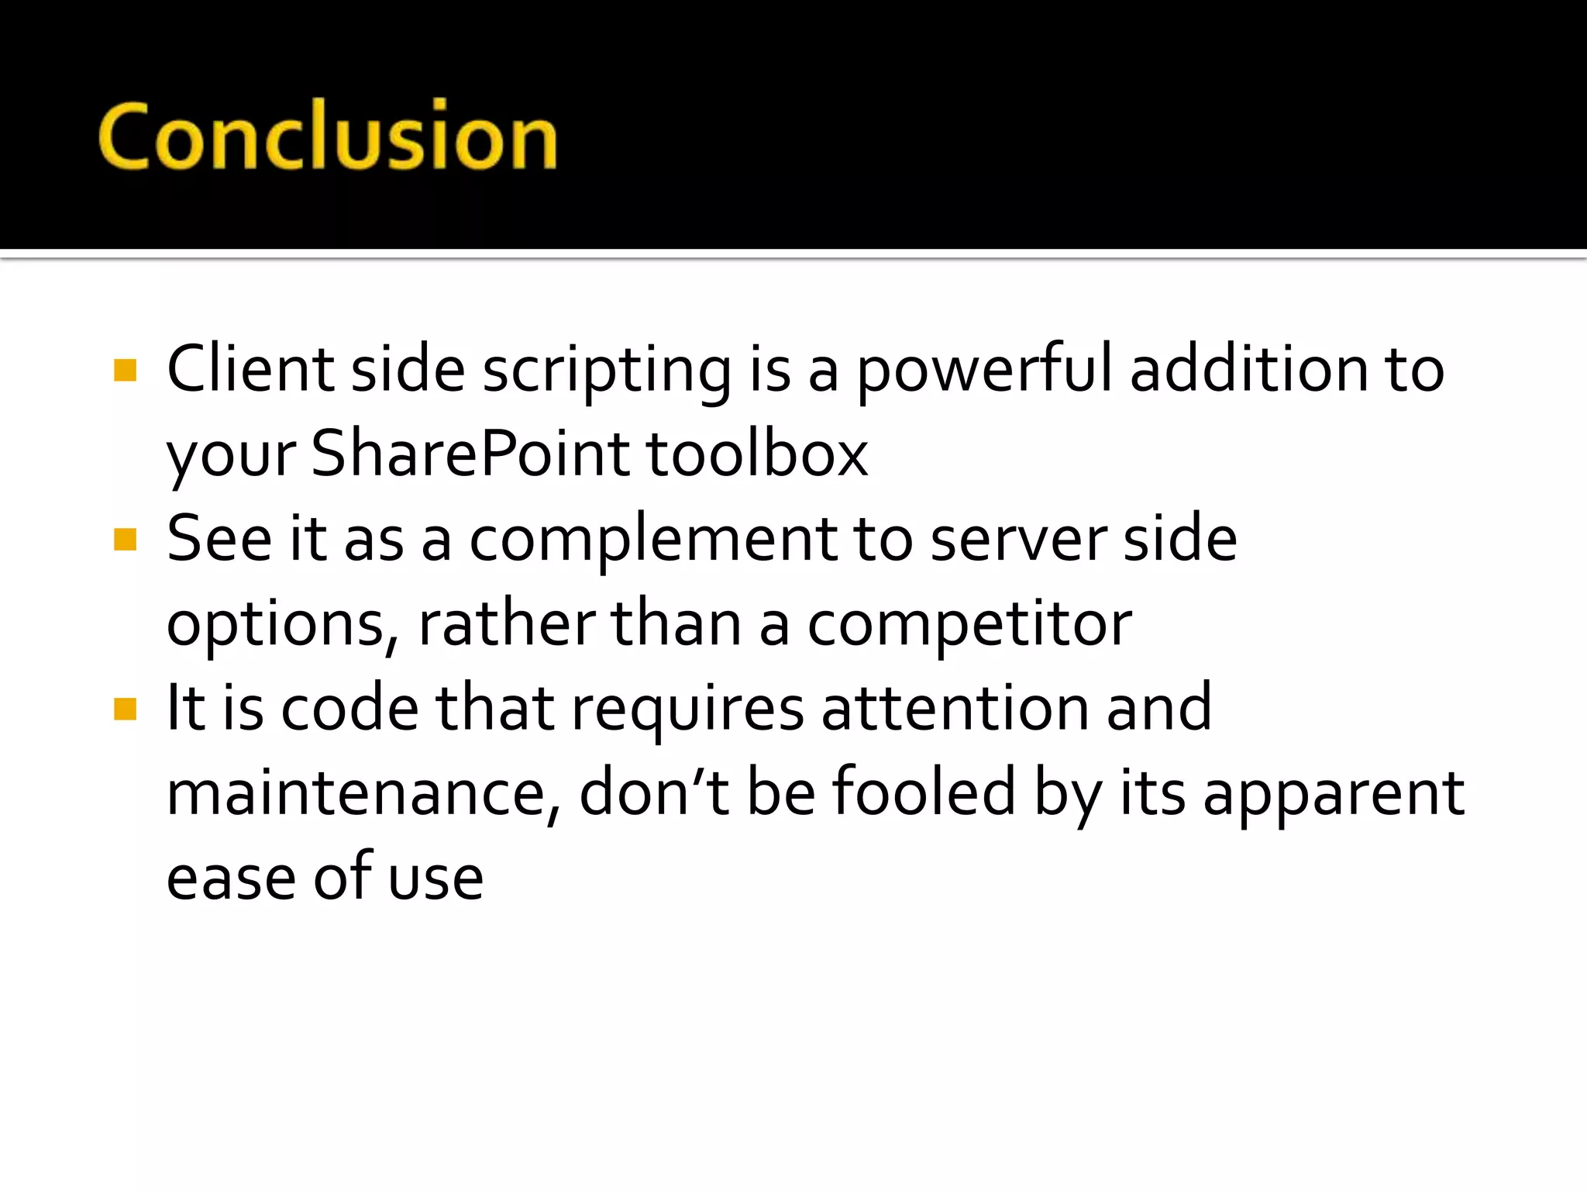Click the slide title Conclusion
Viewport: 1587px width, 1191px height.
coord(328,137)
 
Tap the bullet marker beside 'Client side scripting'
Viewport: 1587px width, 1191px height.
coord(125,370)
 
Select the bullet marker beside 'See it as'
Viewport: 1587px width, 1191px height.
coord(125,539)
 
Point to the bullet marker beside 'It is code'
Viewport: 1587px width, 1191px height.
coord(125,709)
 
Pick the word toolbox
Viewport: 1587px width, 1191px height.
coord(757,454)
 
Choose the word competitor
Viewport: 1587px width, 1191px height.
coord(969,625)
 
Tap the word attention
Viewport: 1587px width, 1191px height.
coord(955,708)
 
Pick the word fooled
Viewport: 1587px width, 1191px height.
coord(923,792)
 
